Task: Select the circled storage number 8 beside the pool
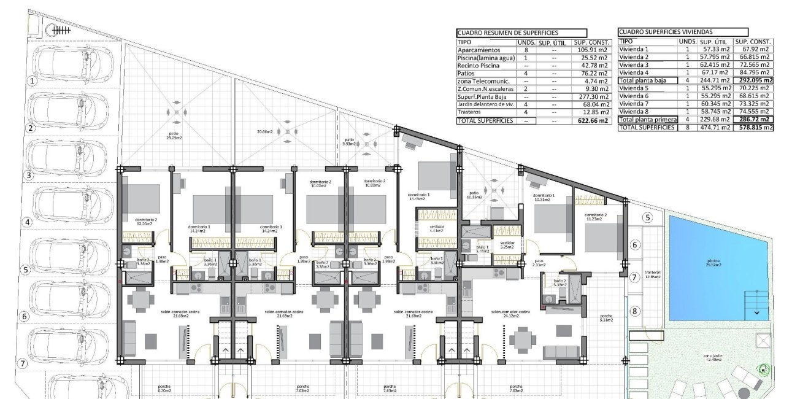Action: pos(635,311)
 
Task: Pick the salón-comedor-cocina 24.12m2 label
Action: pos(510,314)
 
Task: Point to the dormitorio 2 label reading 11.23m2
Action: pos(596,217)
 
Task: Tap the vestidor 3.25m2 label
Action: pos(507,244)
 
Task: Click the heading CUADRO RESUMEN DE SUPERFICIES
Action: pos(504,33)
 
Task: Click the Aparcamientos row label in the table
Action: pos(479,50)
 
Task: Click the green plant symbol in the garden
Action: pos(763,370)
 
